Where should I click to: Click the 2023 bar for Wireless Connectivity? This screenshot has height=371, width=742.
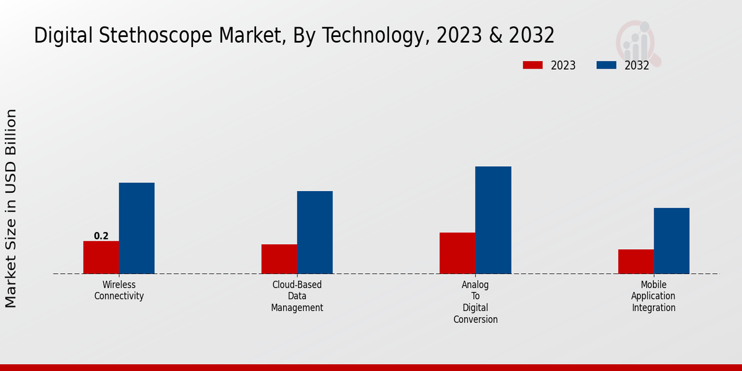click(101, 257)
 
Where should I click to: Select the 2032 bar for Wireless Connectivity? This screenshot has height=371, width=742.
click(137, 228)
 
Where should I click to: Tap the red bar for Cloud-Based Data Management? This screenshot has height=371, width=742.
click(279, 259)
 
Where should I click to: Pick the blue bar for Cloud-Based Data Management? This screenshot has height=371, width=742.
click(315, 232)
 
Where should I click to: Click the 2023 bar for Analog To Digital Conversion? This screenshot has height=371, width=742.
click(457, 253)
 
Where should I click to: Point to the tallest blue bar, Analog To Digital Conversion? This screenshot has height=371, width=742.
click(493, 220)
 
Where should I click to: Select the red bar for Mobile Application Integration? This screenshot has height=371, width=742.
click(636, 262)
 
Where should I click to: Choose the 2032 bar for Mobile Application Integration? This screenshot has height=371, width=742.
click(672, 241)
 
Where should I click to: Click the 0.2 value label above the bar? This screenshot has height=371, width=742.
click(101, 236)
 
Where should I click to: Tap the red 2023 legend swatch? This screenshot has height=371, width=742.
click(532, 65)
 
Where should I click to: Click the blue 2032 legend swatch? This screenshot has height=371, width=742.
click(606, 65)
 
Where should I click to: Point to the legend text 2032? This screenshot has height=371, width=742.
click(636, 66)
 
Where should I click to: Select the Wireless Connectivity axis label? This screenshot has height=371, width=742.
click(119, 291)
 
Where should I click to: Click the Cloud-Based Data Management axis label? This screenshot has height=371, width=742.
click(297, 296)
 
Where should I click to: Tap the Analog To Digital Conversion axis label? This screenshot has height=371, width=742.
click(475, 302)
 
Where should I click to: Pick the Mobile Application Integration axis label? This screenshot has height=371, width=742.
click(654, 296)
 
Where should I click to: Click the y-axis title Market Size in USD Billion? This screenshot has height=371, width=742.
click(11, 208)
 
